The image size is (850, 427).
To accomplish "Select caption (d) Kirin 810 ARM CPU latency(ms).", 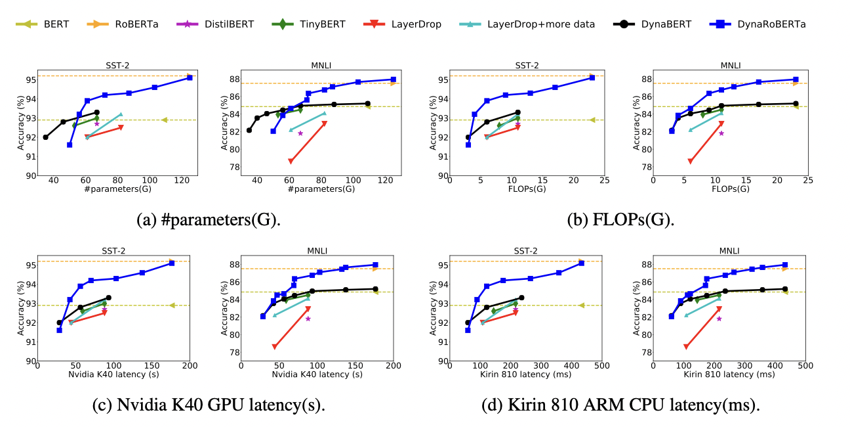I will click(x=620, y=405).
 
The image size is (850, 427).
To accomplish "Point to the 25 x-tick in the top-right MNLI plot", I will click(x=808, y=181).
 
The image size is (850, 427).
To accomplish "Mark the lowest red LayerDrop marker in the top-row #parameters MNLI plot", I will click(x=291, y=161).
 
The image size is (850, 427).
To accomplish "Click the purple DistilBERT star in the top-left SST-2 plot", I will click(x=96, y=124).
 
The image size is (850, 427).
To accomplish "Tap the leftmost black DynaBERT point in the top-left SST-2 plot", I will click(x=46, y=137).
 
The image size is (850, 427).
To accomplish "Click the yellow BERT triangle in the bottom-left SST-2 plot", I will click(x=172, y=305).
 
